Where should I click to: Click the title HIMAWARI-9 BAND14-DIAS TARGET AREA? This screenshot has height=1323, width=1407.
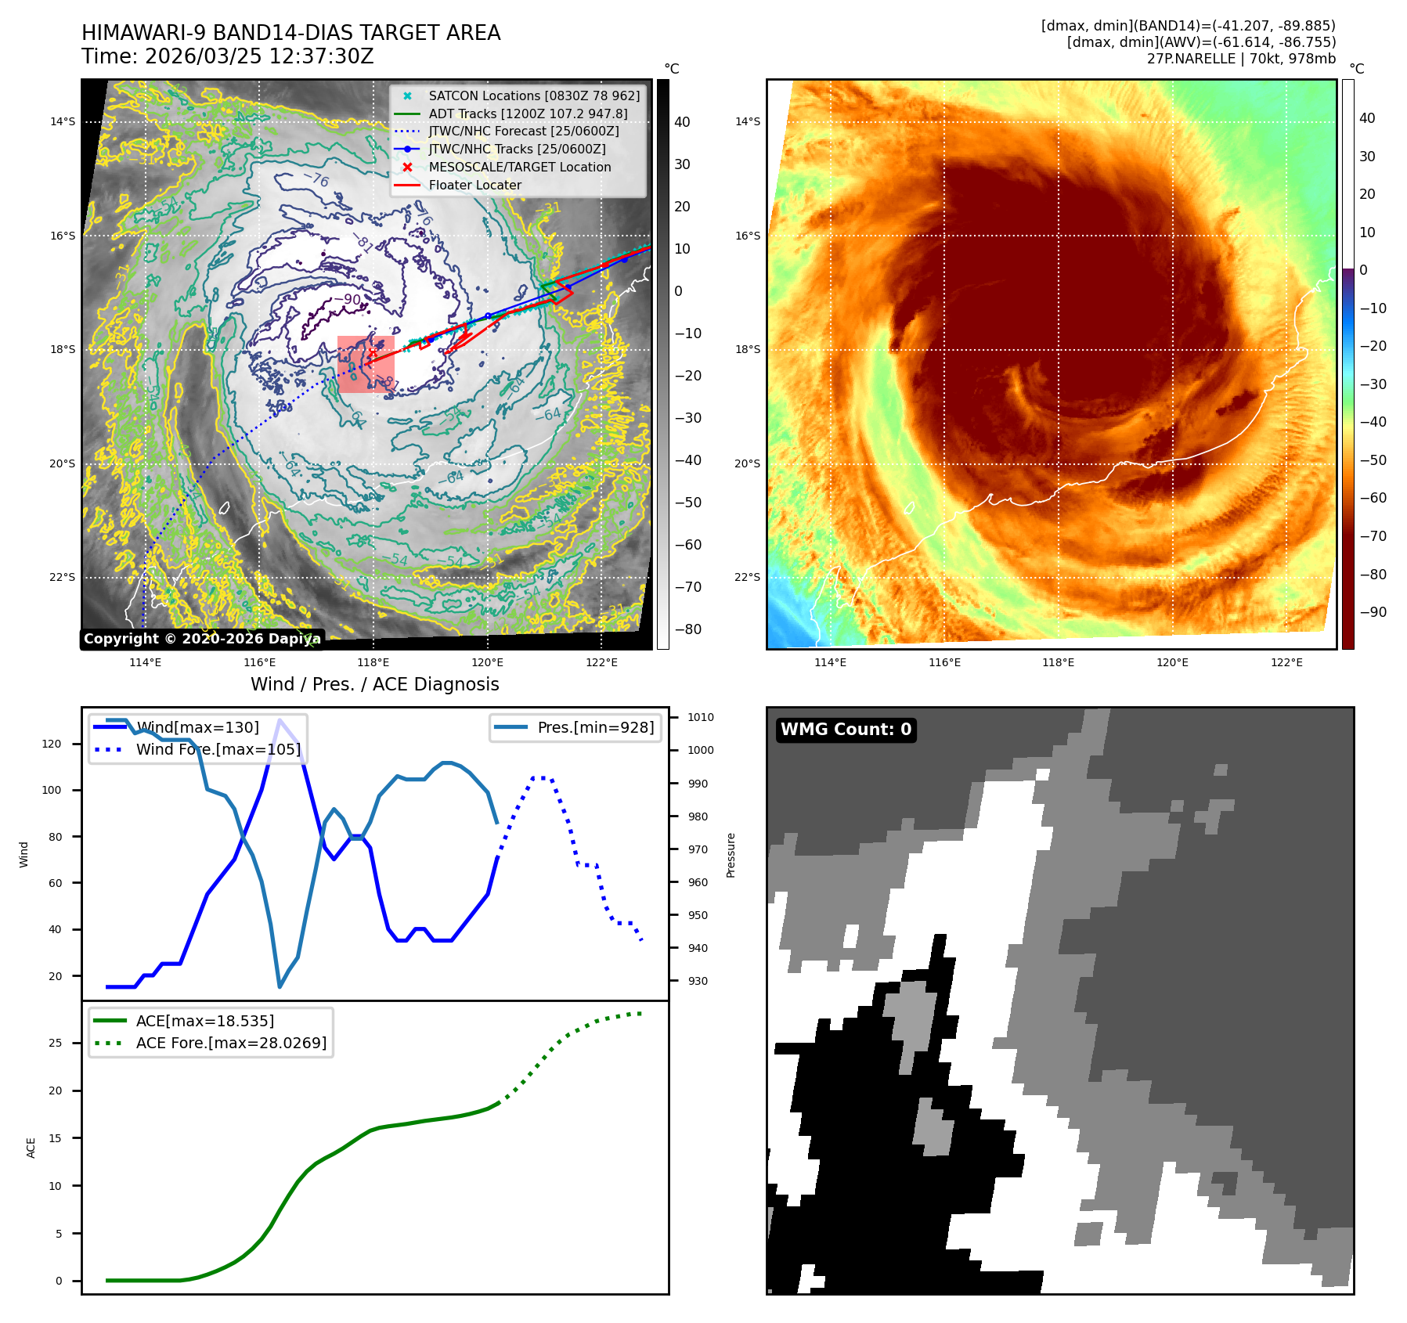coord(290,33)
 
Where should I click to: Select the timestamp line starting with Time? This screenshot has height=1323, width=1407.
coord(227,57)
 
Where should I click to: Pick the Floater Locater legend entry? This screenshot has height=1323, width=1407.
coord(474,186)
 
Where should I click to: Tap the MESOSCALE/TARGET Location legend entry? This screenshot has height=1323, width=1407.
coord(519,168)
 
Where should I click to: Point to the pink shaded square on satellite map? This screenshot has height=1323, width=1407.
coord(366,364)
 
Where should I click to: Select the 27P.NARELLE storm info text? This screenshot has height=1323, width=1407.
coord(1241,59)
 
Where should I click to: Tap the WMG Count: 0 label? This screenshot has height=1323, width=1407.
coord(846,730)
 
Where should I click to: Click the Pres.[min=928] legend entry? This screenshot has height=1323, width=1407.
coord(595,727)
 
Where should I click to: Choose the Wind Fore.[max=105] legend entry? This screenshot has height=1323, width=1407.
coord(218,749)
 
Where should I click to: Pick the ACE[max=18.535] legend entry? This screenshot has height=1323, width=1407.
coord(204,1021)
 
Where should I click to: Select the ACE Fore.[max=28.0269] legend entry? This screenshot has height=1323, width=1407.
coord(231,1043)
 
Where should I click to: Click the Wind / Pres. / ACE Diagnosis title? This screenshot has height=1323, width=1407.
coord(374,684)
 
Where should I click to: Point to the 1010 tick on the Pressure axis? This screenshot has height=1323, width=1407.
coord(701,717)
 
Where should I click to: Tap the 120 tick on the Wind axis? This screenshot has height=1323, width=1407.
coord(52,744)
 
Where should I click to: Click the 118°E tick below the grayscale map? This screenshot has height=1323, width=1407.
coord(373,662)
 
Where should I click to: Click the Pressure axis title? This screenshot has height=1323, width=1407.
coord(731,855)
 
